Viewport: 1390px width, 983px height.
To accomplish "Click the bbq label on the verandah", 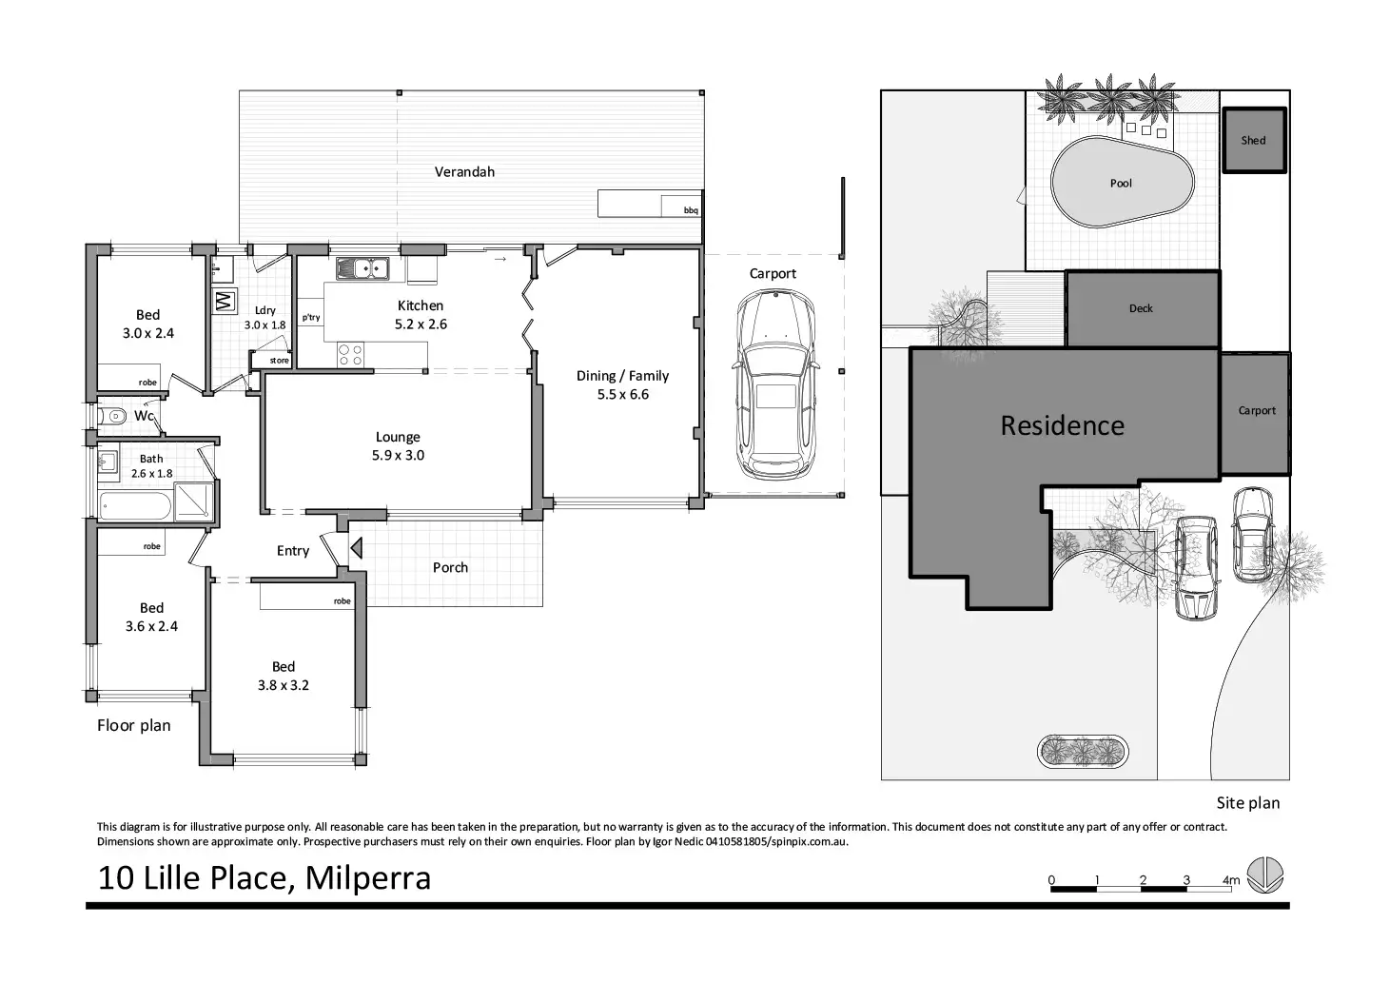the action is [691, 210].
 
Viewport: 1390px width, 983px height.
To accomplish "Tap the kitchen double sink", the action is [363, 268].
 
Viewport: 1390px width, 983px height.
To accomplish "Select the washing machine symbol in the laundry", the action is [224, 301].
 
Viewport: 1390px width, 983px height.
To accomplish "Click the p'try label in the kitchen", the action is [311, 318].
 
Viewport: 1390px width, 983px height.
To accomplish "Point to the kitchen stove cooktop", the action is [351, 355].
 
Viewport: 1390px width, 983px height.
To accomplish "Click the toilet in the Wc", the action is [112, 415].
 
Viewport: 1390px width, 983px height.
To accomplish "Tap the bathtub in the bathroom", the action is [135, 506].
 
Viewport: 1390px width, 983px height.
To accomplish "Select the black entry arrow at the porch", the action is [356, 548].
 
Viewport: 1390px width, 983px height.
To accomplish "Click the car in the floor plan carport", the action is [775, 386].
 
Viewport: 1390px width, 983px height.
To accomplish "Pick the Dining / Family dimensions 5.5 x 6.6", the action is [622, 395].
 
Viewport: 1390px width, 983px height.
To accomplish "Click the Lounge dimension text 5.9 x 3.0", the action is [398, 456].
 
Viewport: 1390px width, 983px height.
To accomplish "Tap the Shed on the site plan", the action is [1254, 140].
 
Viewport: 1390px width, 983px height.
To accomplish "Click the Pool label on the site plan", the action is [1121, 184].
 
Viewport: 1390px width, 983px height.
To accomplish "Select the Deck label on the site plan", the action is [1141, 308].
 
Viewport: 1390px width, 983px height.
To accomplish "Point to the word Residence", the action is [1062, 425].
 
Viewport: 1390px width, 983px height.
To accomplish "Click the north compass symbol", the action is [1264, 875].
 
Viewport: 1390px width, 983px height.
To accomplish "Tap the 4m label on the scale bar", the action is [1230, 880].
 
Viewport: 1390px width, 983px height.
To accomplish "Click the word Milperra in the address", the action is [367, 878].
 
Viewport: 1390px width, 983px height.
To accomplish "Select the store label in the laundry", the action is [279, 361].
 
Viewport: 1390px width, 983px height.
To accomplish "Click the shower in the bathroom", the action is [193, 502].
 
